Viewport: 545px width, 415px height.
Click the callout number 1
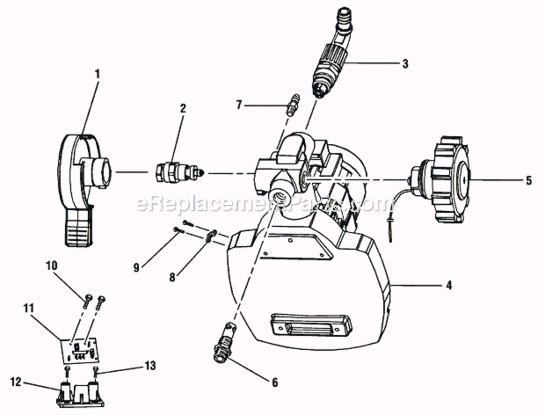(x=97, y=74)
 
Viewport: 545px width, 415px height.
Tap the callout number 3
(x=405, y=64)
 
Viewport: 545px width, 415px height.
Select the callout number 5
(x=528, y=180)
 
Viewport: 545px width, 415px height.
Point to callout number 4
(x=449, y=286)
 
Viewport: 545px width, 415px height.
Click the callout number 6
(x=275, y=382)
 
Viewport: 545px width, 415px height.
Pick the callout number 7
(x=239, y=105)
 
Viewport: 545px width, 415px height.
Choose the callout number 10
(x=51, y=266)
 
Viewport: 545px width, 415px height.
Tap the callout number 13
(x=150, y=366)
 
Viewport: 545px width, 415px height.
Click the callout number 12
(x=16, y=382)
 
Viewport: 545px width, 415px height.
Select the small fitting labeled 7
(x=292, y=105)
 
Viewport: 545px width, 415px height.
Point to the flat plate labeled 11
(x=80, y=351)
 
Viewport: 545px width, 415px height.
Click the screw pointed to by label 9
(x=178, y=230)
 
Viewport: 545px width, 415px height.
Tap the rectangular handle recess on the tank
(x=311, y=325)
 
